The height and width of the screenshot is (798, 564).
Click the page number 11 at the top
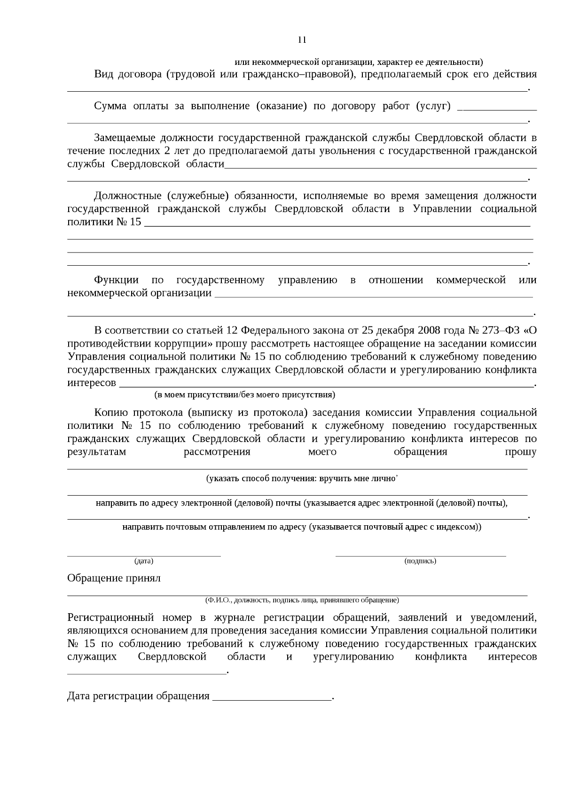(302, 40)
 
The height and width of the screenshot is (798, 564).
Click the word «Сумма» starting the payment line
(110, 106)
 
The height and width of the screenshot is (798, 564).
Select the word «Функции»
(116, 280)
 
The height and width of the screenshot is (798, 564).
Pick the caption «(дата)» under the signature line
(144, 561)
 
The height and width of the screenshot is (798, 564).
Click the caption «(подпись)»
(420, 561)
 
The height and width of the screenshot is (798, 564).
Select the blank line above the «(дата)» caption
(144, 556)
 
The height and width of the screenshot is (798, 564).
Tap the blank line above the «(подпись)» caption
(421, 556)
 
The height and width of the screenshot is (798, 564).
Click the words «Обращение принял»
(114, 578)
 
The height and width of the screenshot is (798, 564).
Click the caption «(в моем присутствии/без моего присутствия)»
(245, 395)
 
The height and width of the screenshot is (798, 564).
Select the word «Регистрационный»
(111, 617)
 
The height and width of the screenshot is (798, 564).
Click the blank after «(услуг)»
(497, 109)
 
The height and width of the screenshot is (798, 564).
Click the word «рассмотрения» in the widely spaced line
(217, 452)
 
